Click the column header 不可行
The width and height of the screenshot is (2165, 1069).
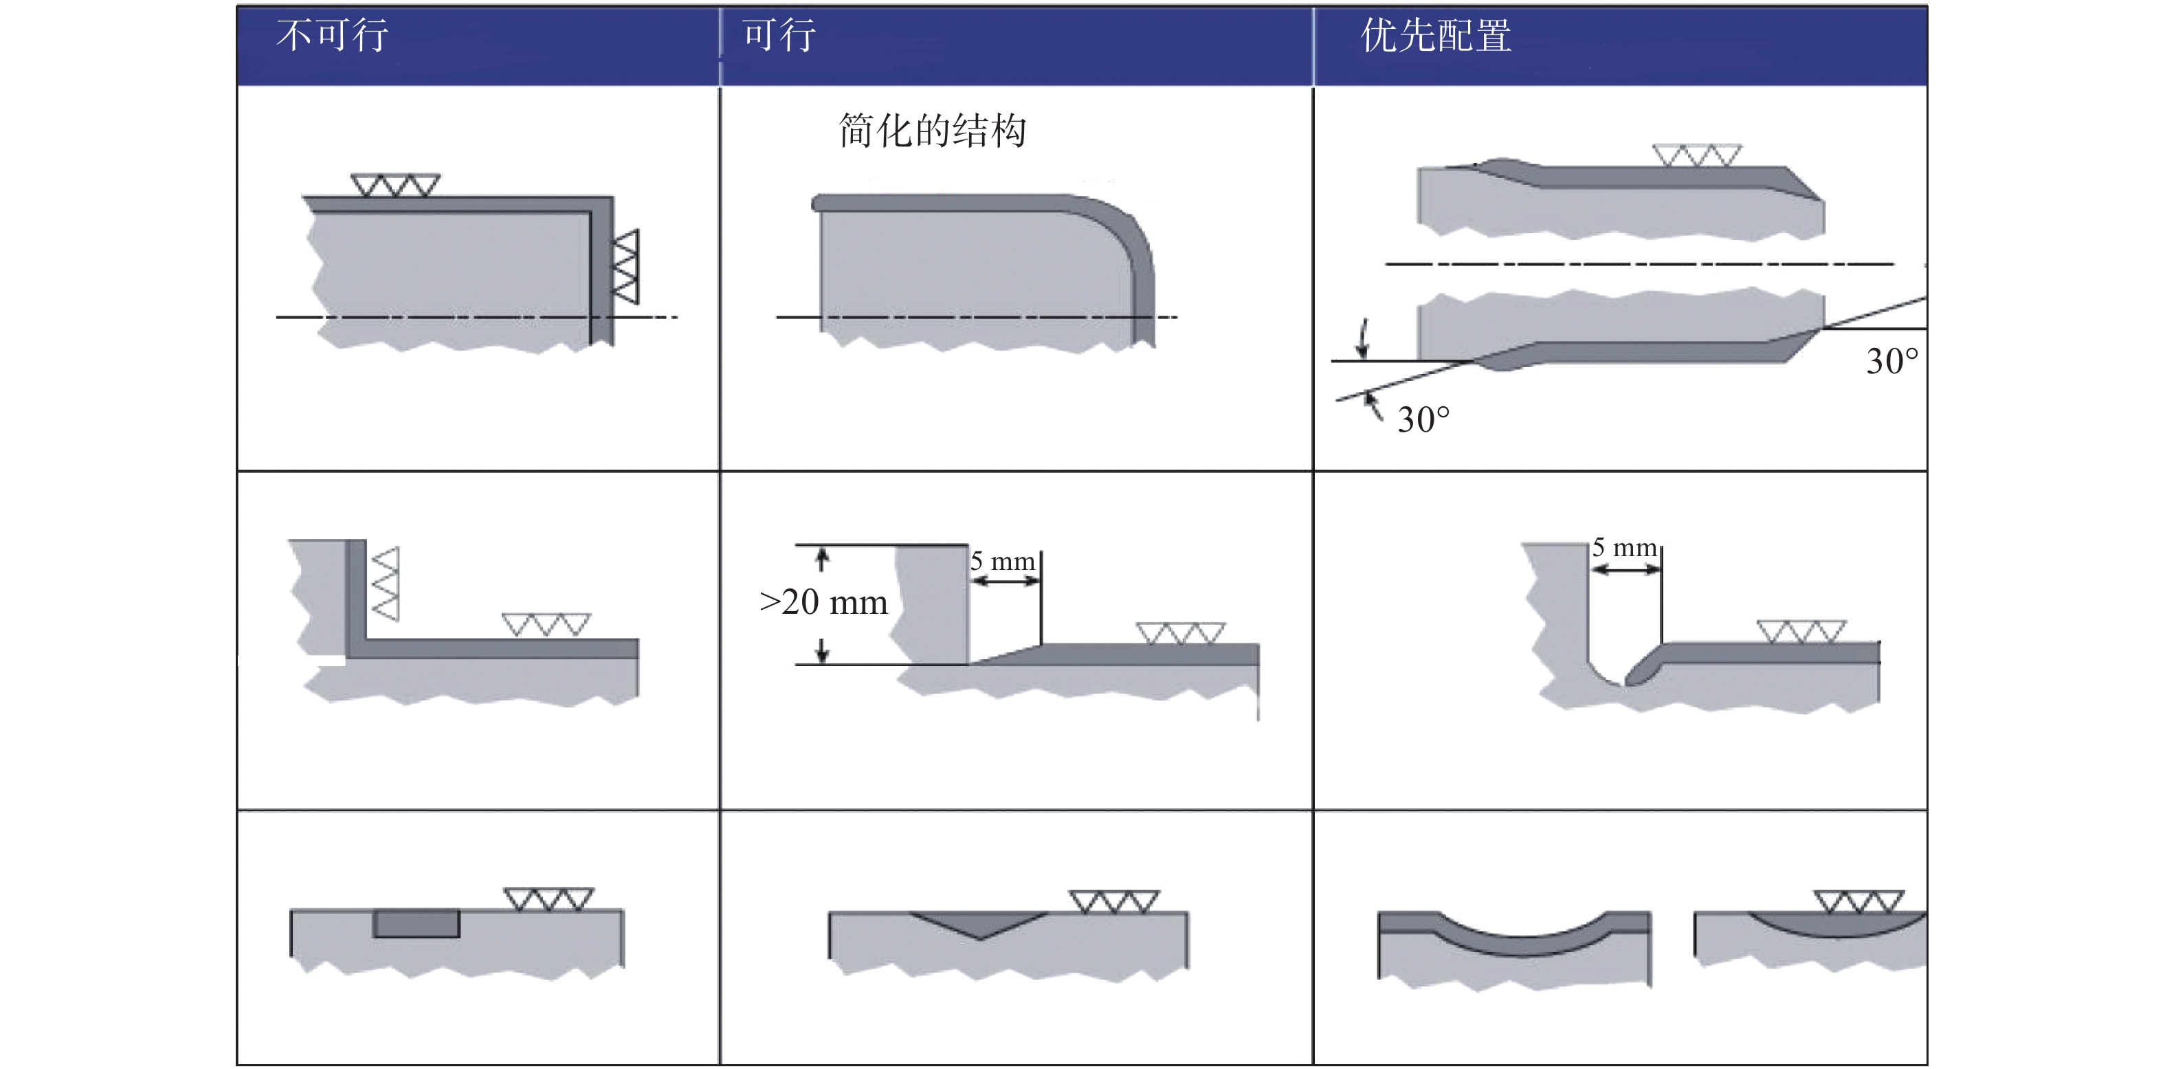point(333,35)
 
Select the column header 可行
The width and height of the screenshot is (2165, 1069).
point(779,35)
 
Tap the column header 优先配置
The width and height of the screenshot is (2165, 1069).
point(1436,35)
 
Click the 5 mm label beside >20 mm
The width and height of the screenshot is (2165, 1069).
point(1002,560)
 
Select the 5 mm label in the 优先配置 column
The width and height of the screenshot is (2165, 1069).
point(1625,547)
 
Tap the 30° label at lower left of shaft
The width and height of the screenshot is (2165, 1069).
point(1423,419)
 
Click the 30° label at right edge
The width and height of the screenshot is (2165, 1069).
point(1892,362)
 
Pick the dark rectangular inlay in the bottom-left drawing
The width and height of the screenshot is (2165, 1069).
point(417,923)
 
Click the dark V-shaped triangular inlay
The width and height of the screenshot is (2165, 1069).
point(980,924)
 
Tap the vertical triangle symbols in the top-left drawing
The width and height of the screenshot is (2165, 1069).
point(625,267)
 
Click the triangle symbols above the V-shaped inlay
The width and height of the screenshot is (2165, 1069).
point(1114,902)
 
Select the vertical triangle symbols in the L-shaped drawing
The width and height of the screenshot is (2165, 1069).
point(386,584)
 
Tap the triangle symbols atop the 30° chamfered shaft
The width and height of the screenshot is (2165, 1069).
point(1697,155)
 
